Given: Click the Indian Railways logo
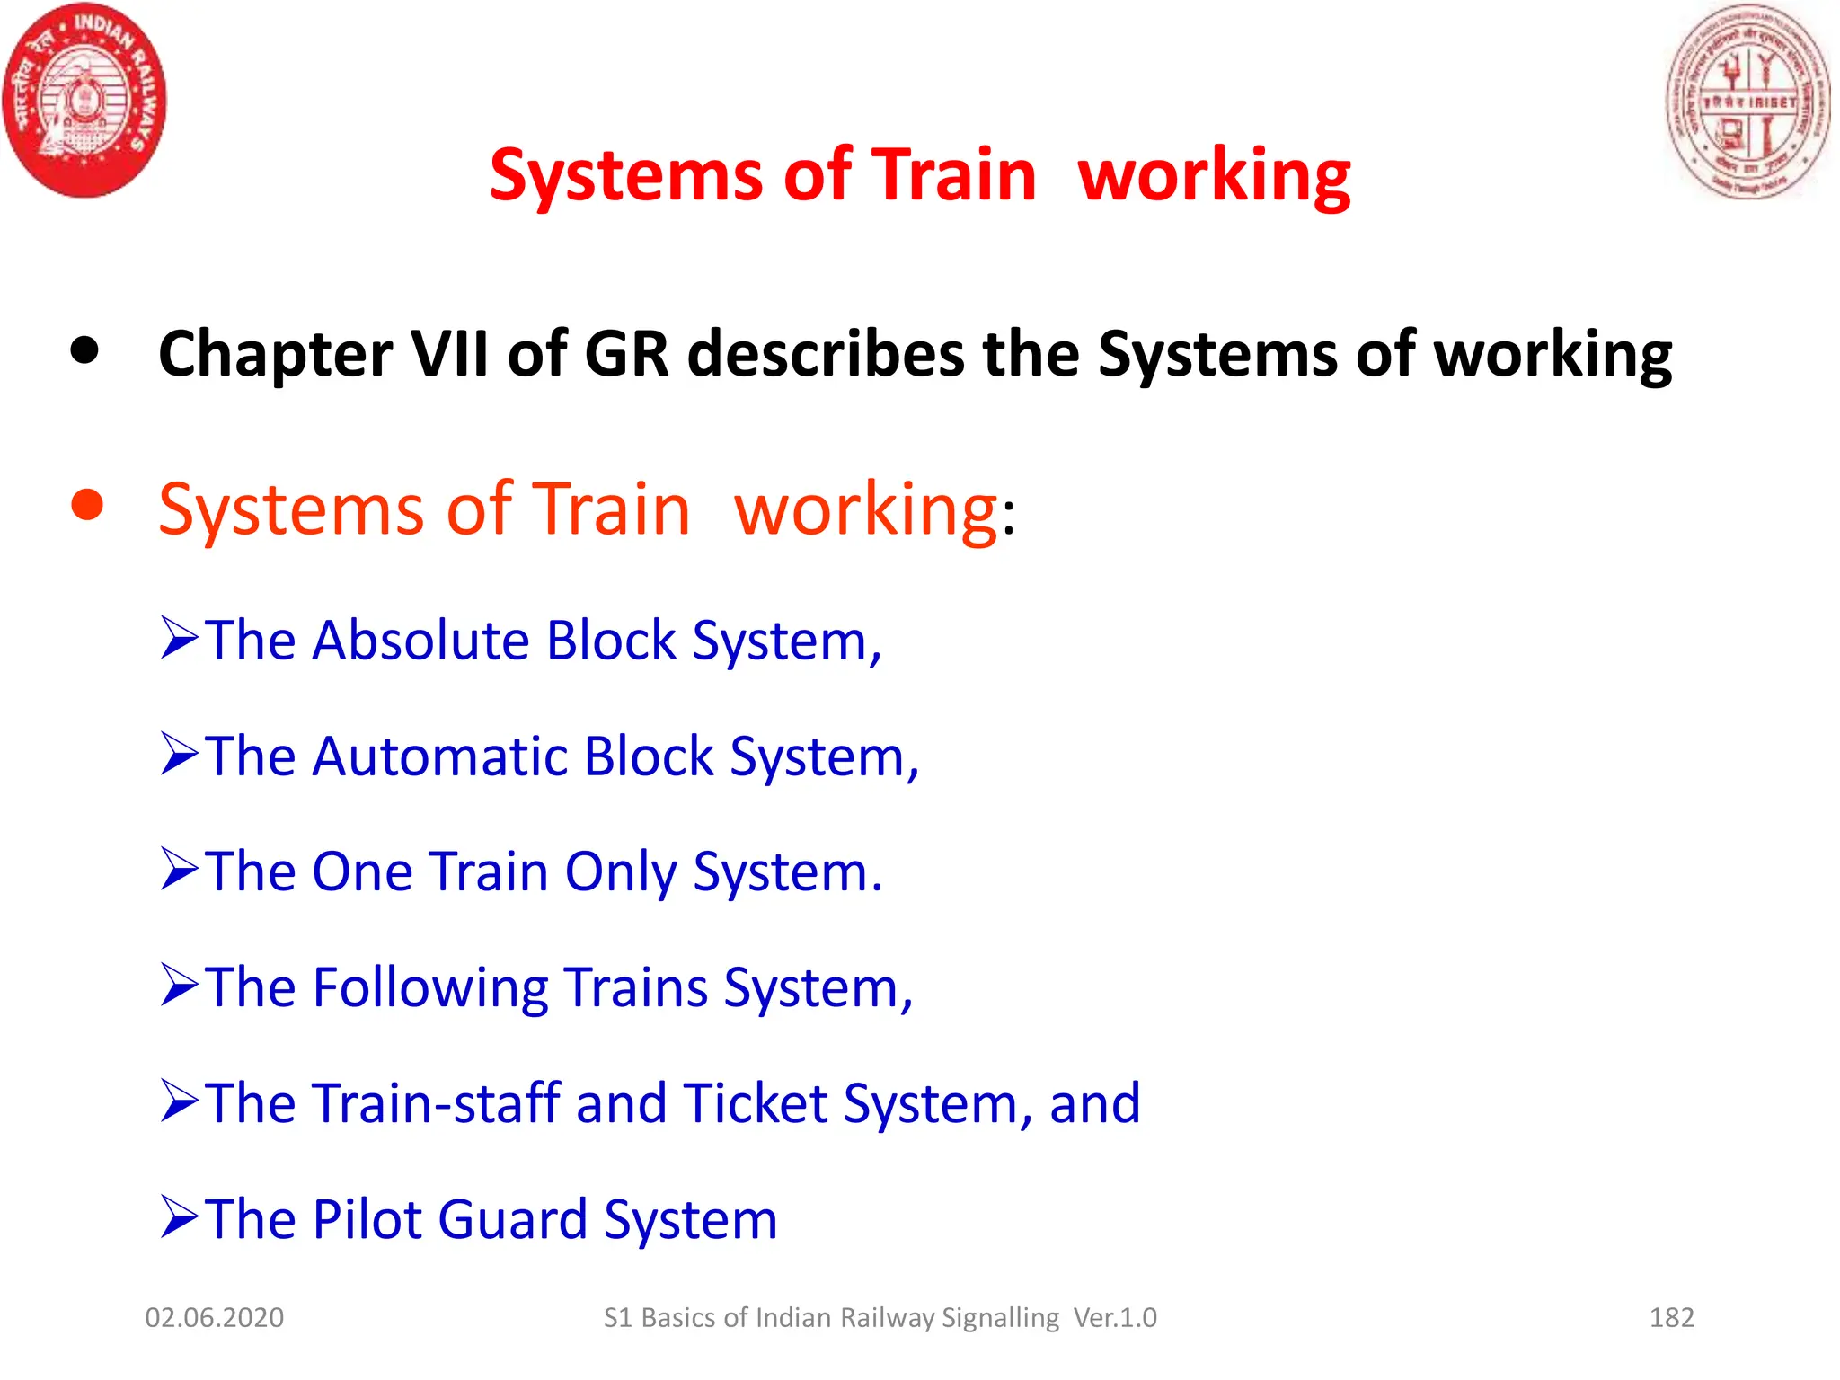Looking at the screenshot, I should [84, 100].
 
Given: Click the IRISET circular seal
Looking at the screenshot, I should [1748, 102].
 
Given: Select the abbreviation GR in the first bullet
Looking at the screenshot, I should [626, 354].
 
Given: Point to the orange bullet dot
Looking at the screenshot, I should [87, 506].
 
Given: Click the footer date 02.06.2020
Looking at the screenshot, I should [214, 1318].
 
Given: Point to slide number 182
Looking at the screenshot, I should [1671, 1318].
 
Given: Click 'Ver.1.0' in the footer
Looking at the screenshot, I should [1115, 1318].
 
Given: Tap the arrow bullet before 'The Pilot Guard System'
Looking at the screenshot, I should [179, 1216].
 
